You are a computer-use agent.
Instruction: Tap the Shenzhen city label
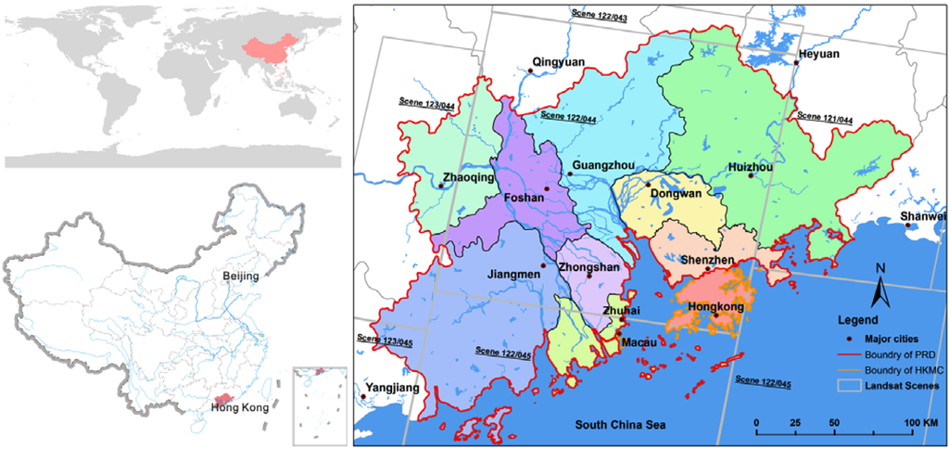pos(707,260)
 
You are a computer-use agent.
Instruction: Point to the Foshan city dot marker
pos(548,188)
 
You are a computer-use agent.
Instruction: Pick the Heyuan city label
pos(817,54)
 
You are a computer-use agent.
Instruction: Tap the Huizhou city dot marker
pos(752,175)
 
